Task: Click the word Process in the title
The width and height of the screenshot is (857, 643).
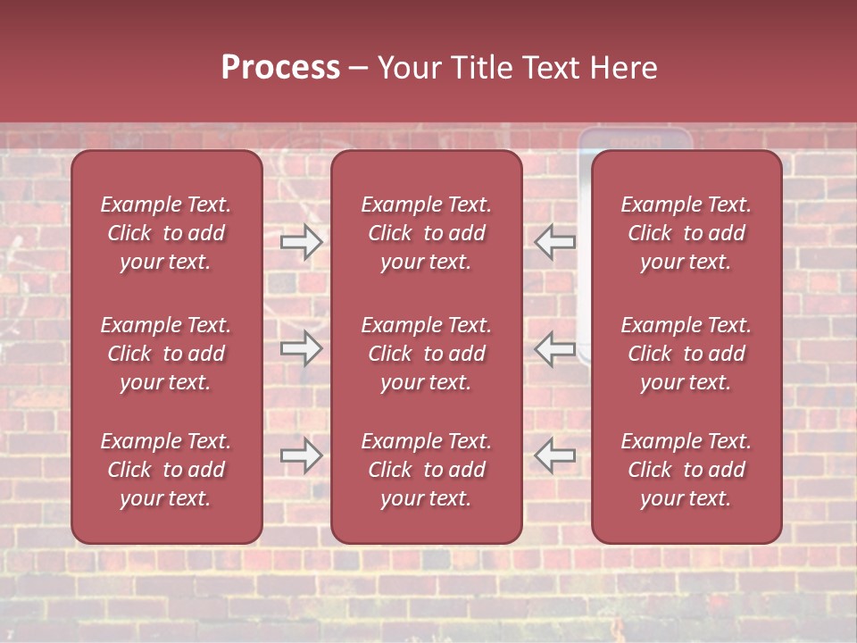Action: pos(280,68)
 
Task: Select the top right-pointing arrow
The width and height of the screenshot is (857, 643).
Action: pos(301,241)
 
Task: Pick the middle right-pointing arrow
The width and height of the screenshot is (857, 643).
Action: pos(301,348)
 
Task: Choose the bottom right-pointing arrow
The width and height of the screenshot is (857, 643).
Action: pos(301,455)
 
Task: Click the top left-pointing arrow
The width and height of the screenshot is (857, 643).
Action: pos(555,241)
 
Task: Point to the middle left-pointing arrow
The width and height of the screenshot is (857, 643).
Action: pos(555,348)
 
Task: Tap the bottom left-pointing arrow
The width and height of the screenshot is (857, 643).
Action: pos(555,455)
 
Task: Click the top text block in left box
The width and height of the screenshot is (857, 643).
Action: pos(166,233)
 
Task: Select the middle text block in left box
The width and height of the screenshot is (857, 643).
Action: pos(166,354)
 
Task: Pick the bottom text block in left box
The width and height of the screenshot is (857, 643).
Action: pos(166,470)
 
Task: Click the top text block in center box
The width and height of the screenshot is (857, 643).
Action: pos(426,233)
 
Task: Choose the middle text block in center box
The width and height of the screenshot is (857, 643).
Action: pos(426,354)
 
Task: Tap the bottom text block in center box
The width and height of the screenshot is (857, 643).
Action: pos(426,470)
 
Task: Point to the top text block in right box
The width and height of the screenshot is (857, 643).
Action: pos(686,233)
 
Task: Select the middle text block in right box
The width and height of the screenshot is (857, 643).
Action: pos(686,354)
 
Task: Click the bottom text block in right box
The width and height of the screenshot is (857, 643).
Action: pos(686,470)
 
